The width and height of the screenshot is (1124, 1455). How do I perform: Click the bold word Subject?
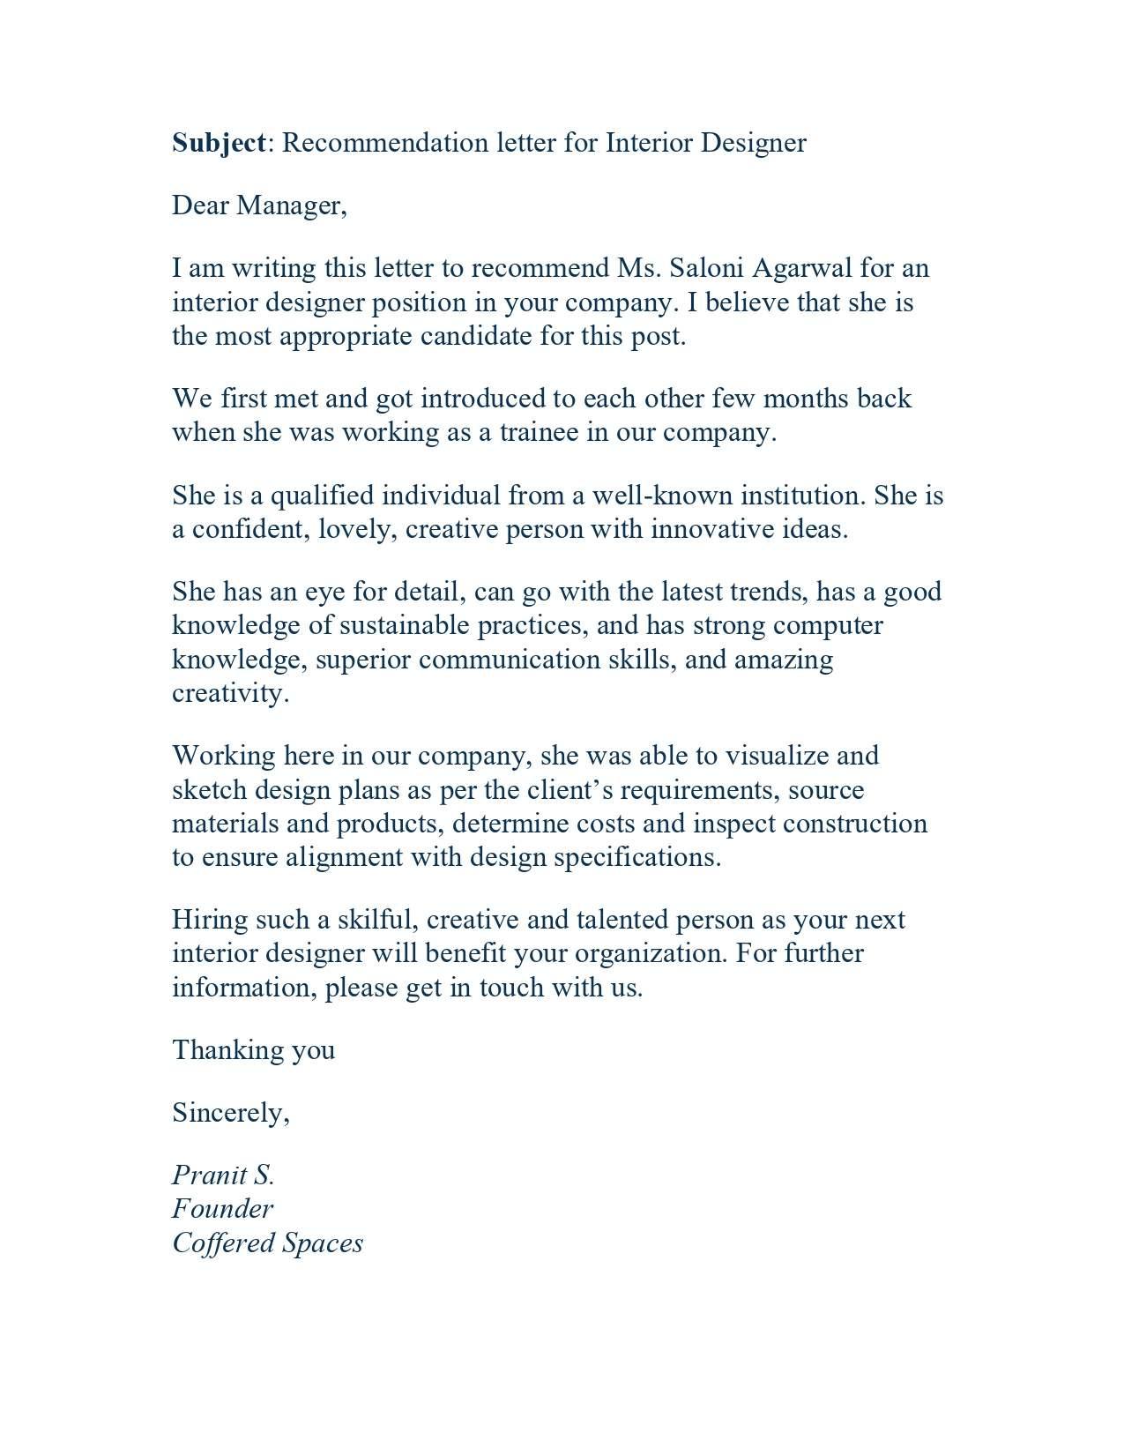[x=219, y=143]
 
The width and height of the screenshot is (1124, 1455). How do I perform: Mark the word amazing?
[x=783, y=660]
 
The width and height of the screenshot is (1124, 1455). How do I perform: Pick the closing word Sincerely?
[x=230, y=1113]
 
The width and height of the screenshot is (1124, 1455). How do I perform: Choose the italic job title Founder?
[x=222, y=1209]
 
